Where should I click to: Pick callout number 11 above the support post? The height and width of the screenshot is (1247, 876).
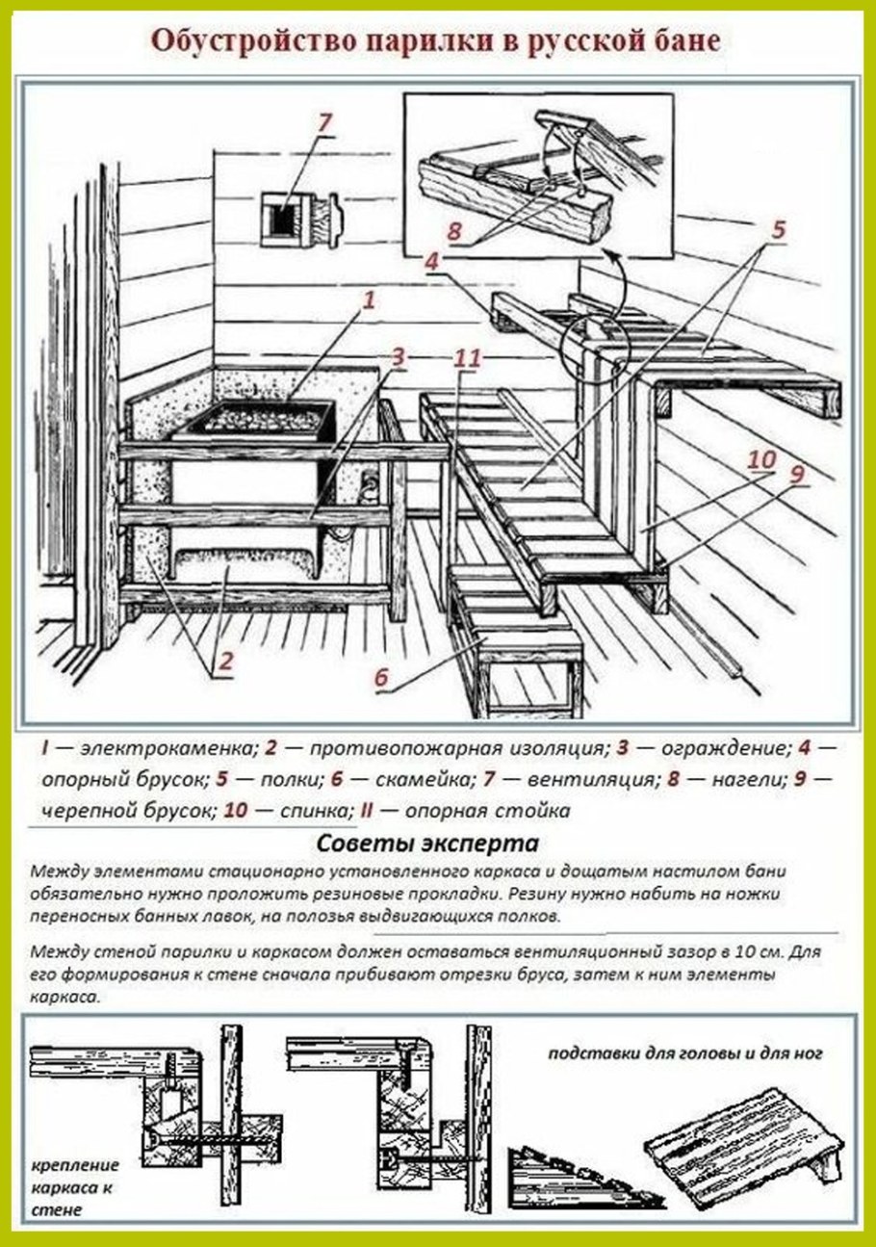point(467,358)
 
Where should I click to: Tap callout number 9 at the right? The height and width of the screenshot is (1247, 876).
point(796,474)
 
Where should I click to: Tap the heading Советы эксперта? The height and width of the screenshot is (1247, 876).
point(427,844)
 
